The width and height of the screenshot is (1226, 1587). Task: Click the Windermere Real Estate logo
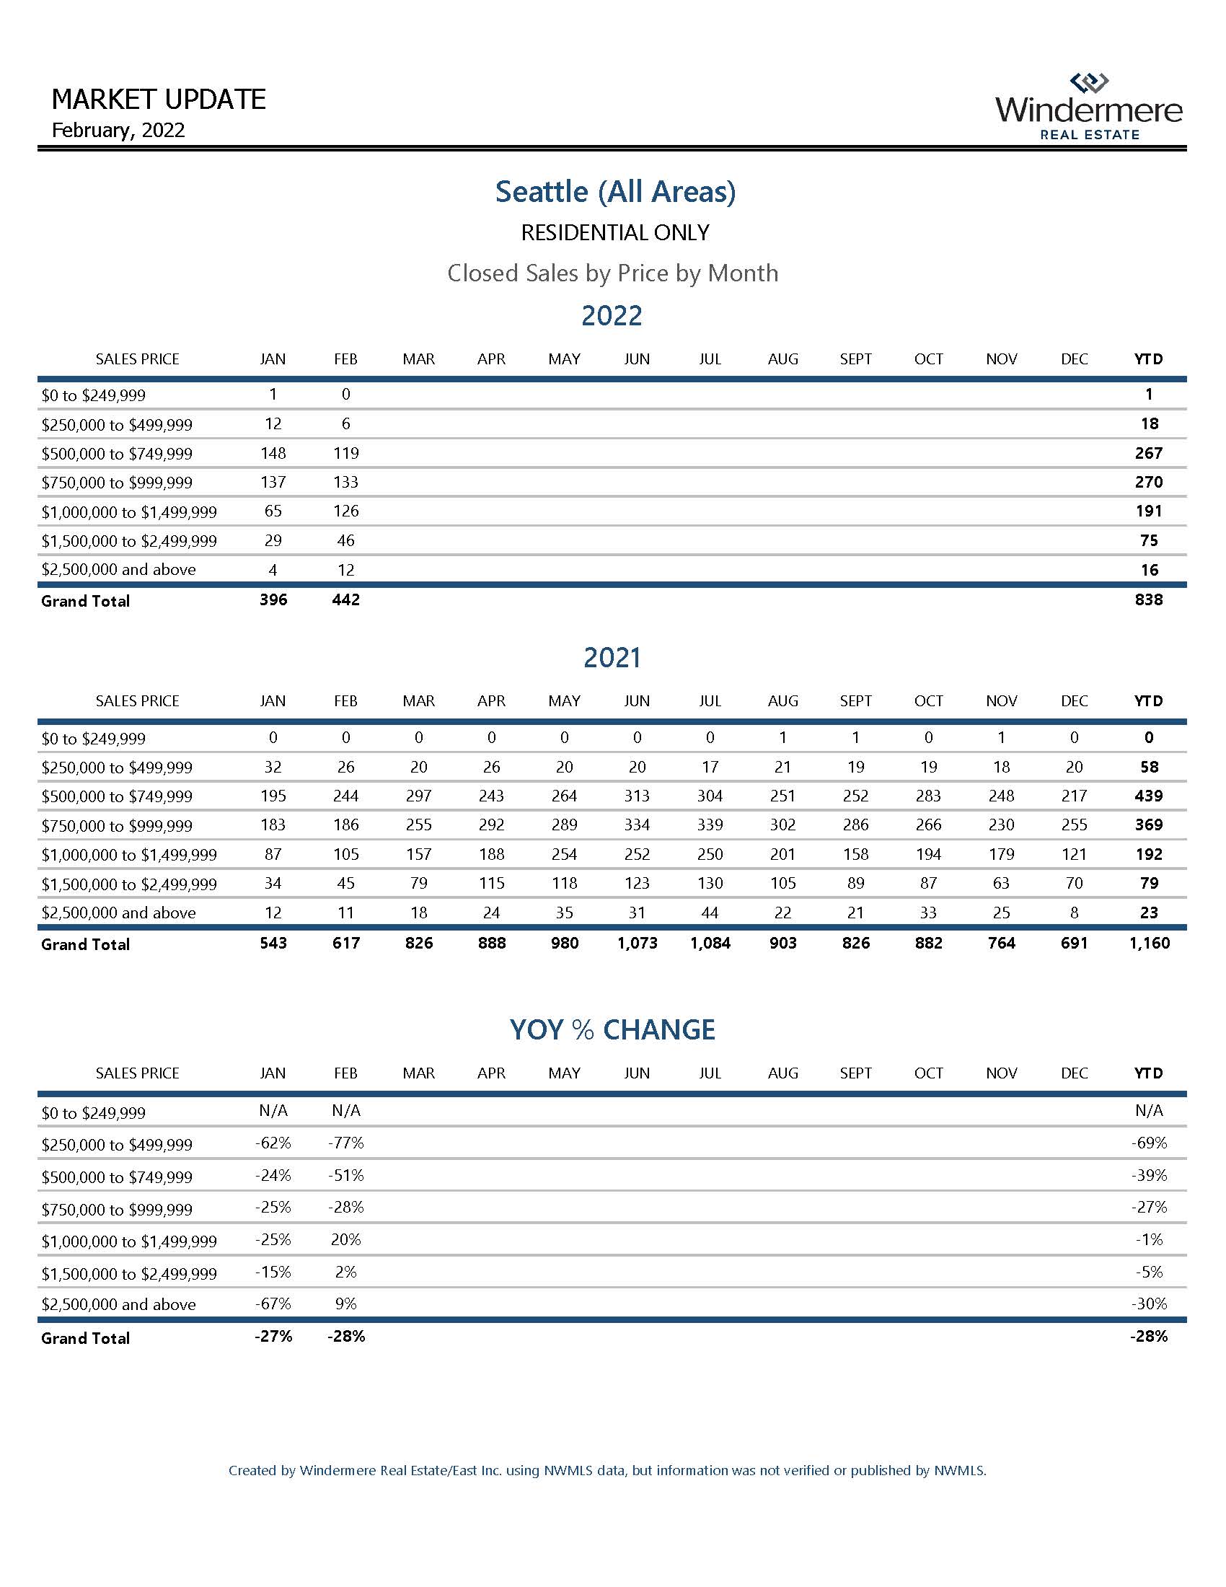click(1089, 107)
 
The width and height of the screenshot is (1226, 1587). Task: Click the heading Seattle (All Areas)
click(615, 191)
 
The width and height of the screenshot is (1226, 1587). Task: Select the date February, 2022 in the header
click(118, 130)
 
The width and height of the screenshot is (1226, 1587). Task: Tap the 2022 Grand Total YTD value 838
click(1148, 599)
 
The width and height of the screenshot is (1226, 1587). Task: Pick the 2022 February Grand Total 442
click(345, 599)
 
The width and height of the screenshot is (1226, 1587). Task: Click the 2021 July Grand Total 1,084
click(710, 944)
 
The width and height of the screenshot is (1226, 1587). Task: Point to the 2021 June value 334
click(637, 825)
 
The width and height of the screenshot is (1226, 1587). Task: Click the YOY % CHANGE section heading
click(612, 1029)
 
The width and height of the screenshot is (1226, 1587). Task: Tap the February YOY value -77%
click(345, 1143)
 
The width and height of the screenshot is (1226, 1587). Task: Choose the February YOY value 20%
click(345, 1239)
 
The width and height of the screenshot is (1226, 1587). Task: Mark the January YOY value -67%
click(273, 1304)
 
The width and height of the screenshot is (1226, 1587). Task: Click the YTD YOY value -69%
click(1149, 1143)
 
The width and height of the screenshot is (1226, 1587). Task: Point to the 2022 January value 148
click(273, 453)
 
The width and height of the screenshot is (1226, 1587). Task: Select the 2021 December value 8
click(1075, 913)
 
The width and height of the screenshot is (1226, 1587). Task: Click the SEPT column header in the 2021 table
click(855, 701)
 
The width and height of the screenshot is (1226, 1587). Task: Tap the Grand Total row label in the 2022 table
click(86, 601)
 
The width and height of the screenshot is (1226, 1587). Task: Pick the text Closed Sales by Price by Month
click(612, 273)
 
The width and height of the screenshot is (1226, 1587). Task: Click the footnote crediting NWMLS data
click(607, 1471)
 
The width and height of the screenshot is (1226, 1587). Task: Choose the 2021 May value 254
click(565, 855)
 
